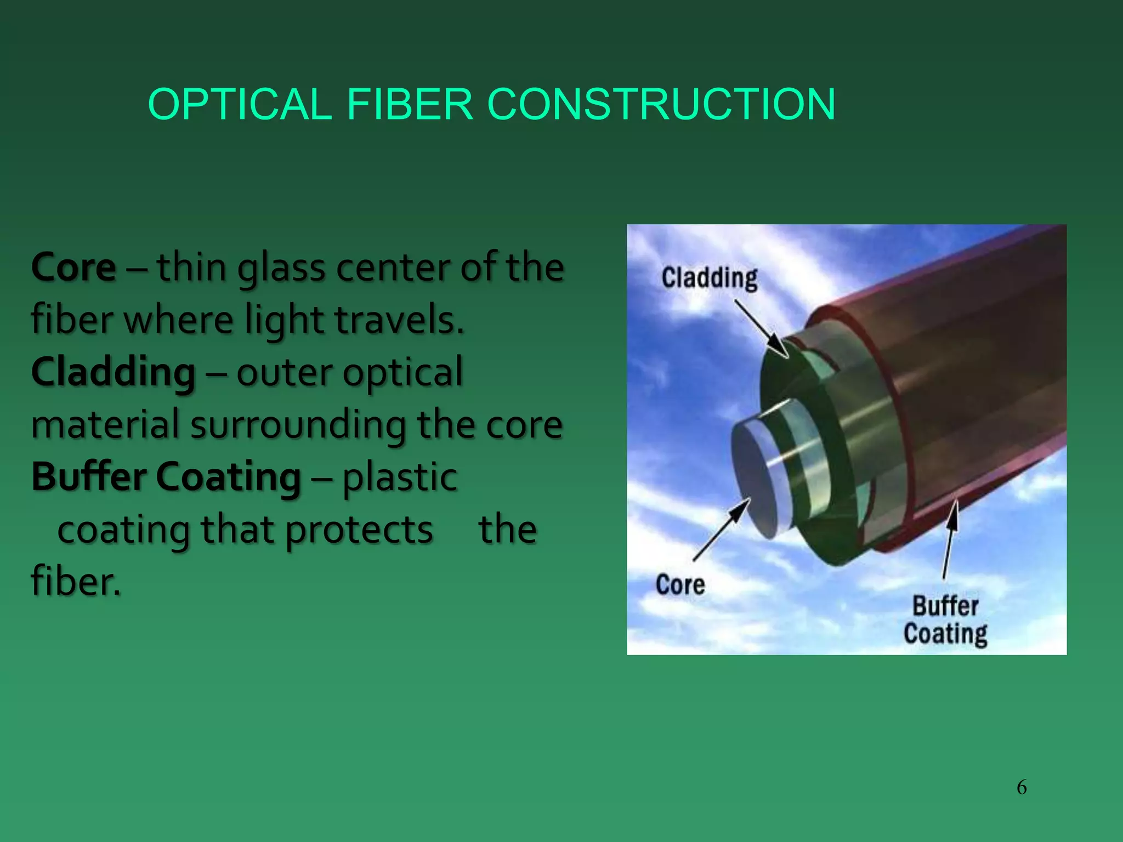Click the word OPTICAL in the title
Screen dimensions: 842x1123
click(x=240, y=104)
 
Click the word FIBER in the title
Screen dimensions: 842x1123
click(x=410, y=104)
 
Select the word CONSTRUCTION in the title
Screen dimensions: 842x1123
click(x=661, y=104)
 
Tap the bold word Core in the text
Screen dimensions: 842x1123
click(x=73, y=268)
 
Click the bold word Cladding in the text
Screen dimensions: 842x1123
click(x=113, y=372)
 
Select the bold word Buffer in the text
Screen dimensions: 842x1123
click(x=88, y=476)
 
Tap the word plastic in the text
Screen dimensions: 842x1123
click(x=400, y=477)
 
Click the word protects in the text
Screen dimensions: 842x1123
click(x=359, y=530)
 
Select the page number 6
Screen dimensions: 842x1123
click(x=1022, y=787)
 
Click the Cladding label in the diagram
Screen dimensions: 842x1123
click(x=709, y=278)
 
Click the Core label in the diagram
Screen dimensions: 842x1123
click(x=680, y=585)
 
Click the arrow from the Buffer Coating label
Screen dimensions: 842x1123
click(x=949, y=540)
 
